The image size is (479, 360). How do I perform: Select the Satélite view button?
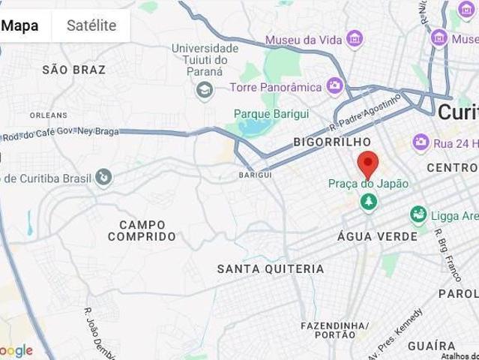coord(91,25)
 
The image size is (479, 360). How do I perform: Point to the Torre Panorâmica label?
coord(279,86)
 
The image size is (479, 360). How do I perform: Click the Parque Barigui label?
coord(268,113)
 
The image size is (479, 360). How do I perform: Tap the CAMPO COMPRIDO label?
coord(142,230)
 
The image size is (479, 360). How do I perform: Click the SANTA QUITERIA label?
coord(270,268)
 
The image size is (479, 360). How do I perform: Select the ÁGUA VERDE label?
coord(378,236)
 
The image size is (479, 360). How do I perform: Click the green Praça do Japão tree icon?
coord(368,202)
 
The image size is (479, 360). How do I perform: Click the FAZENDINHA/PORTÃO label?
coord(334,331)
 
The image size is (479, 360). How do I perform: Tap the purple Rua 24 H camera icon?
coord(421,141)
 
